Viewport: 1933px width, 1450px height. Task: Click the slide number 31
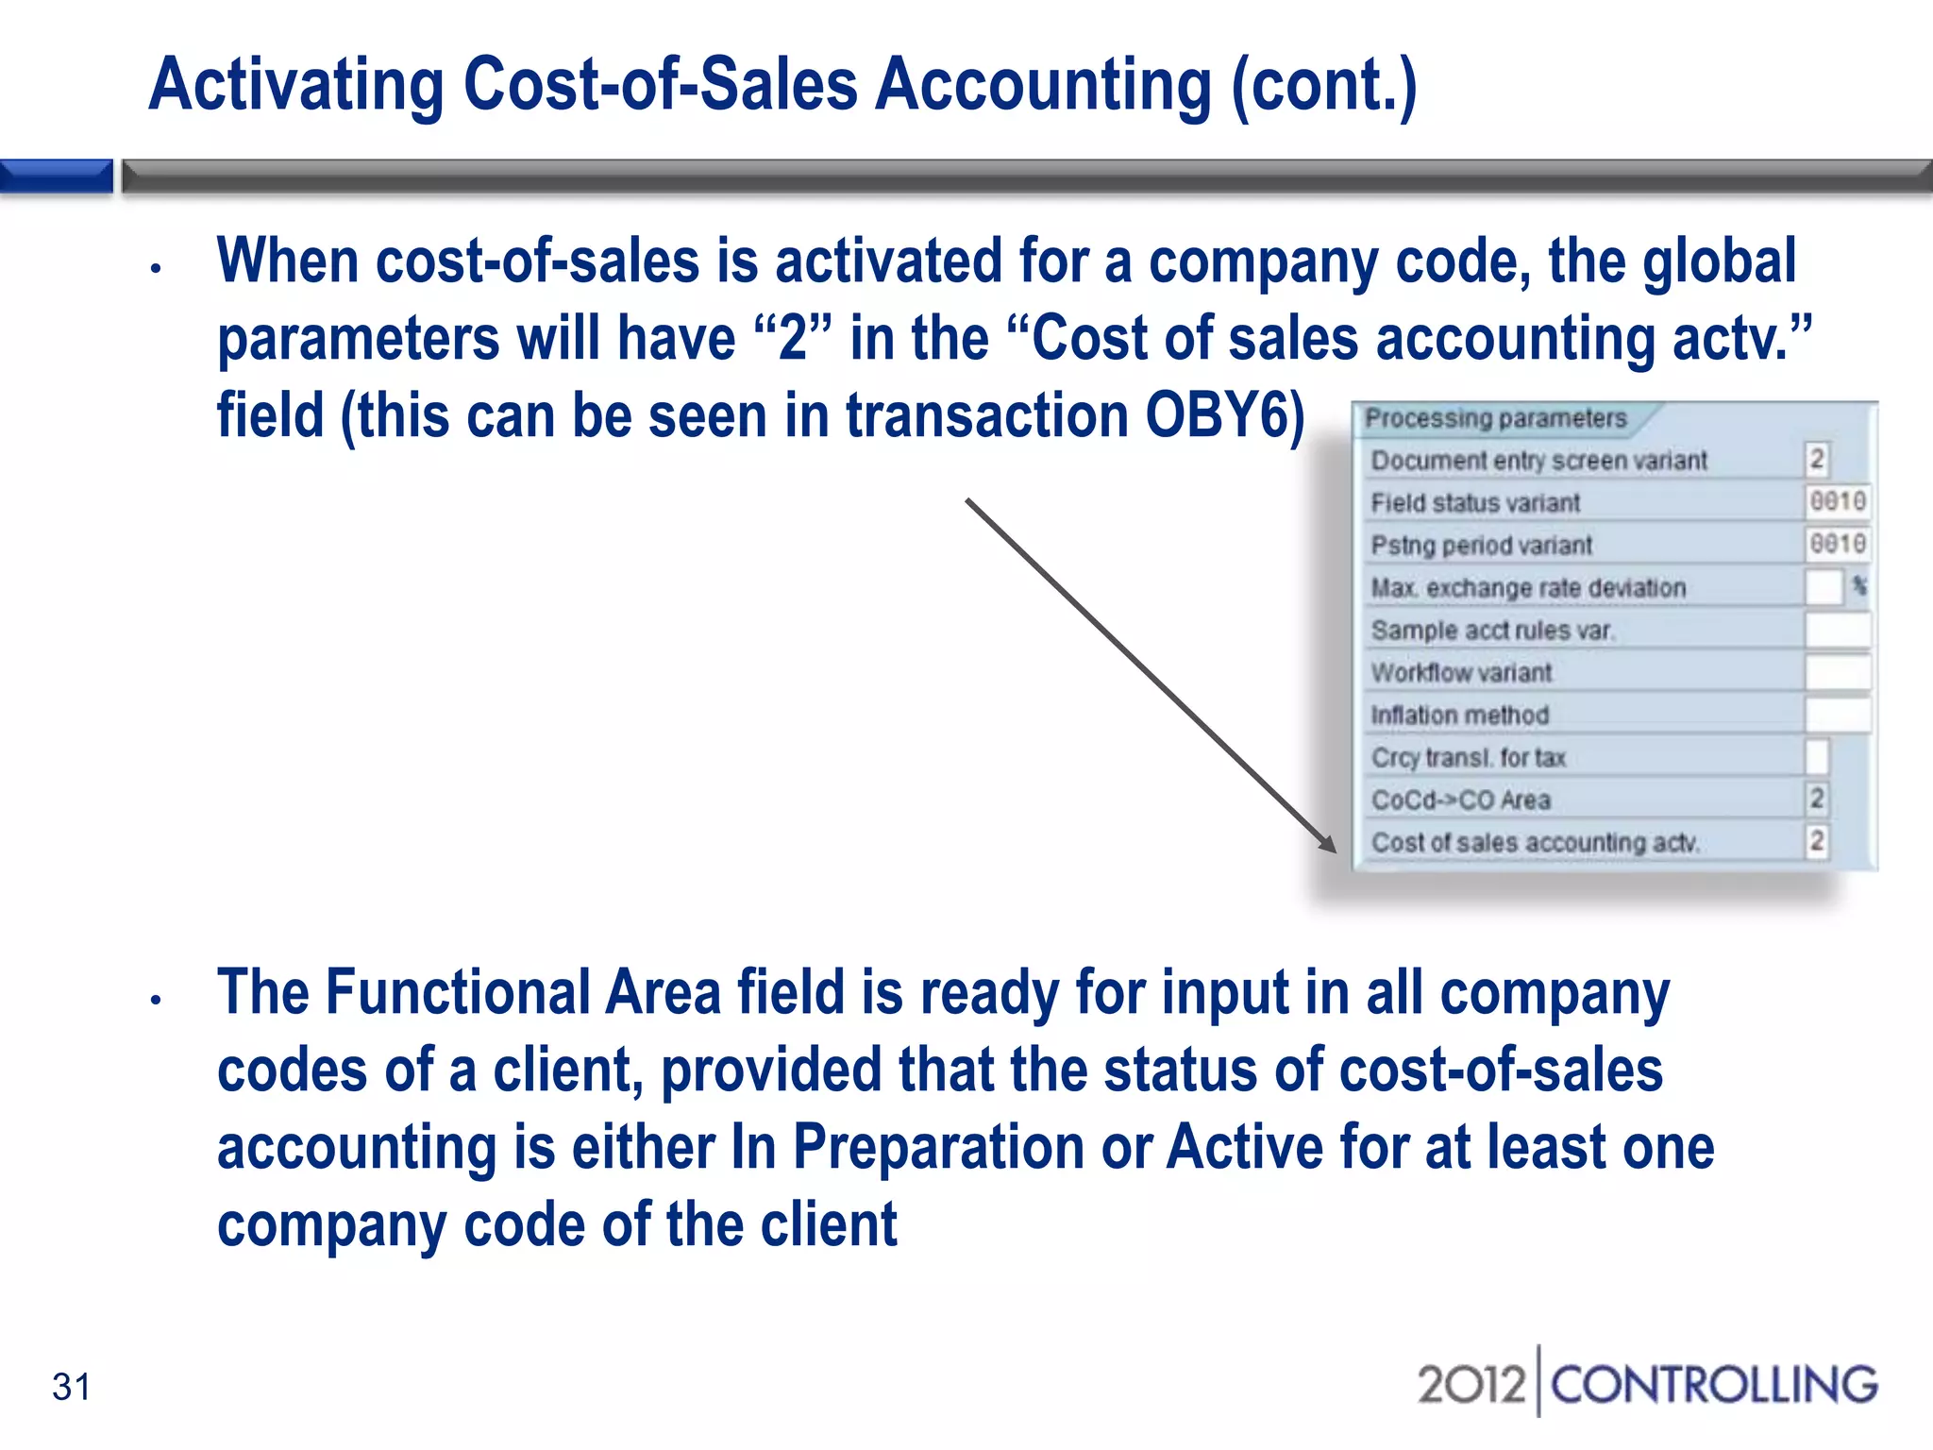72,1387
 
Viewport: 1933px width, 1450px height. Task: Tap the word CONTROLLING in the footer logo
1713,1385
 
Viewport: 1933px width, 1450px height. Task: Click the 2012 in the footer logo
1471,1385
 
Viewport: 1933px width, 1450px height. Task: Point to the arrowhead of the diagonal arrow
1328,844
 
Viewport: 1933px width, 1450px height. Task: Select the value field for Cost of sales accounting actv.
1816,841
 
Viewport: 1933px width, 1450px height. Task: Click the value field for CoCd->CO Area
1816,799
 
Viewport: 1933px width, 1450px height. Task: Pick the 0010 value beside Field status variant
1837,501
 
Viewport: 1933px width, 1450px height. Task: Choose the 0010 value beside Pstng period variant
1837,544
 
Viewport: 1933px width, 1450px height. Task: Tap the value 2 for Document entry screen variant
1817,460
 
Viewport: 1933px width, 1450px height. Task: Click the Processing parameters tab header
1496,418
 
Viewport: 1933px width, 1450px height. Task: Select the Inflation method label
1459,715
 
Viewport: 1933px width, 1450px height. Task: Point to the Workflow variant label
1461,672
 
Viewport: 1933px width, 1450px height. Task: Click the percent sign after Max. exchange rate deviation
1859,586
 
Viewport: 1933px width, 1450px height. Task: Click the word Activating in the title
296,85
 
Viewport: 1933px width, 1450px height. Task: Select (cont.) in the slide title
1323,85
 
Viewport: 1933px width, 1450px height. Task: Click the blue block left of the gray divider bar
57,177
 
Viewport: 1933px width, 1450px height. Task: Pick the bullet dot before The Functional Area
157,1000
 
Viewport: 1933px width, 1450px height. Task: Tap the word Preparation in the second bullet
938,1148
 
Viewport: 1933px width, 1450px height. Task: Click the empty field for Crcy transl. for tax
1816,756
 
